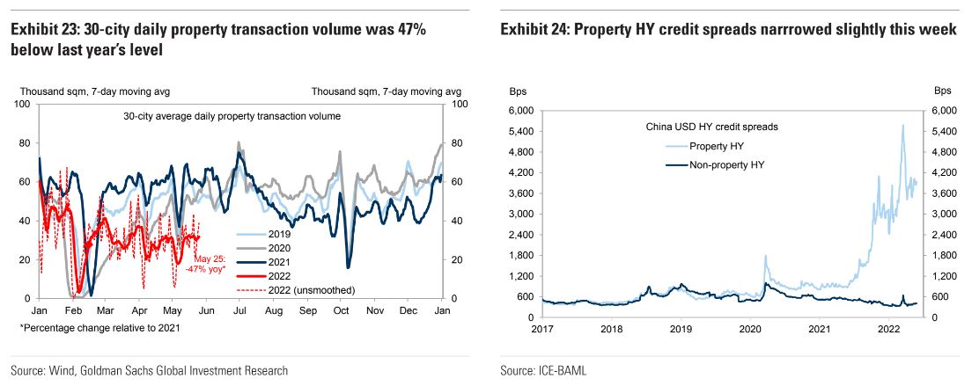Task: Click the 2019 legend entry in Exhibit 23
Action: [x=278, y=235]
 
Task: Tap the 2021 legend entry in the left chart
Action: [x=278, y=261]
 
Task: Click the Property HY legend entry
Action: [x=714, y=146]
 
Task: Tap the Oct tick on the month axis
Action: [x=342, y=311]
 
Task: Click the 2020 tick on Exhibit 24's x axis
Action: [x=749, y=330]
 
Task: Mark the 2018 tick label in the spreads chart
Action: [x=612, y=330]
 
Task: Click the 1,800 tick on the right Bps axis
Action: [x=944, y=255]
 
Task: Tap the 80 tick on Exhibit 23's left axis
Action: [x=24, y=143]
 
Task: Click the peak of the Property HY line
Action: [x=902, y=125]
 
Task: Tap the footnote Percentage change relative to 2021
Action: [x=89, y=328]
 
